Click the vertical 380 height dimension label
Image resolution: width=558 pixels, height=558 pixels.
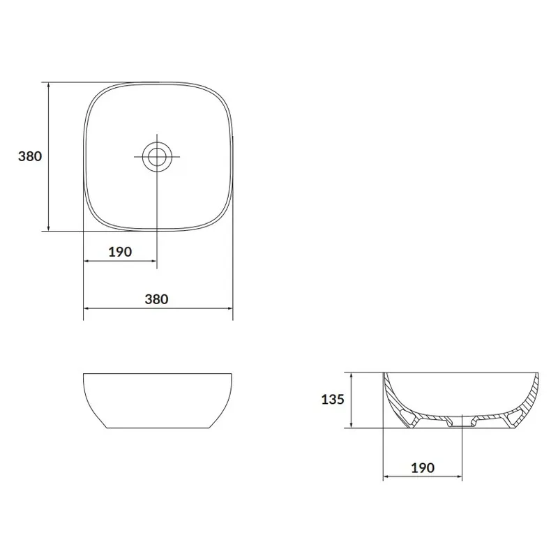click(x=30, y=156)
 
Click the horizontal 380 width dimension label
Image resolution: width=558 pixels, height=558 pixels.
click(x=156, y=299)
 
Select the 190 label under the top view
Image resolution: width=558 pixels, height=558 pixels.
click(x=120, y=252)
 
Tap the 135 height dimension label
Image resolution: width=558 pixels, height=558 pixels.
click(x=333, y=399)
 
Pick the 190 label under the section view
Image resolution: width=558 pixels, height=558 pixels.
click(x=423, y=467)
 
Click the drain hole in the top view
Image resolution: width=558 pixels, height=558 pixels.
click(x=157, y=156)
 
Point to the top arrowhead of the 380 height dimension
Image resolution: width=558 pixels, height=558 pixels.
click(x=49, y=86)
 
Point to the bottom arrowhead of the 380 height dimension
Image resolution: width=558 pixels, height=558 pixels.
click(x=49, y=227)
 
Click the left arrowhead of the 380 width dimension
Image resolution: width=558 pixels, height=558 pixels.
click(x=86, y=308)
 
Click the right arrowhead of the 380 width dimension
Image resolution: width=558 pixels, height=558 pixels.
click(x=229, y=308)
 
